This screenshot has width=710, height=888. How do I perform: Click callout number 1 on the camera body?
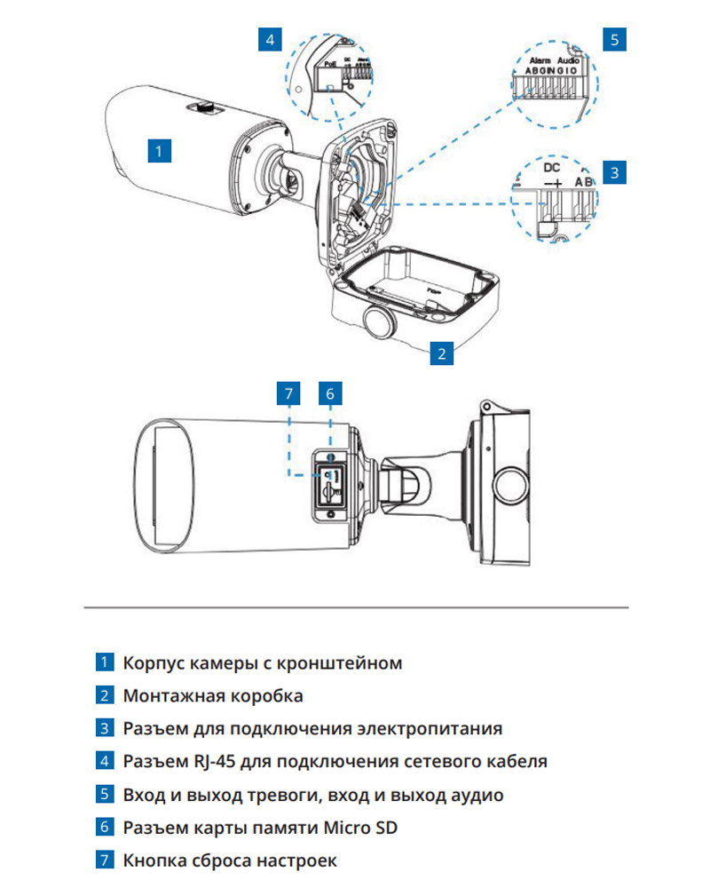[x=158, y=149]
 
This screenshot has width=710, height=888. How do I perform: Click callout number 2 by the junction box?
[x=442, y=353]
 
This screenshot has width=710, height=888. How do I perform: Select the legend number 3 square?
[x=105, y=729]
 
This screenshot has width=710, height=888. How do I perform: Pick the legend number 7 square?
[x=105, y=860]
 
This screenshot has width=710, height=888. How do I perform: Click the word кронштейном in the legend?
[x=341, y=663]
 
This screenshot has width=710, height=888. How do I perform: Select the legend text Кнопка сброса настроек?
[x=230, y=860]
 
